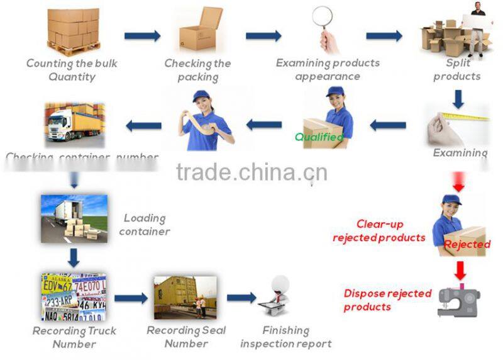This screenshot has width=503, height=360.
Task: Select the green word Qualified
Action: pos(319,137)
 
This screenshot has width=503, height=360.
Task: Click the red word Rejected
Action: pos(467,244)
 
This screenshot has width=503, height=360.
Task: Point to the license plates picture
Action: pos(73,296)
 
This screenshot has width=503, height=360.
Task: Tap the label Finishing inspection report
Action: pos(285,337)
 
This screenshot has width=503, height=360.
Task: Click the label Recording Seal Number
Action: pos(186,337)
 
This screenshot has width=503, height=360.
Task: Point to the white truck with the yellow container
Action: pos(73,123)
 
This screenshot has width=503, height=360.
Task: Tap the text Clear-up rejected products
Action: pos(379,231)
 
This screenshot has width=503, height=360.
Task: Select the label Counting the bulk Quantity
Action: pos(72,70)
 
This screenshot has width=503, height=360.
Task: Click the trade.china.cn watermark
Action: pos(251,171)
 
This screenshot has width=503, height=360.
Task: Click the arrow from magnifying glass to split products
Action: pos(384,35)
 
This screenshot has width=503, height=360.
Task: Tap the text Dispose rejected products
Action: pos(387,300)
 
